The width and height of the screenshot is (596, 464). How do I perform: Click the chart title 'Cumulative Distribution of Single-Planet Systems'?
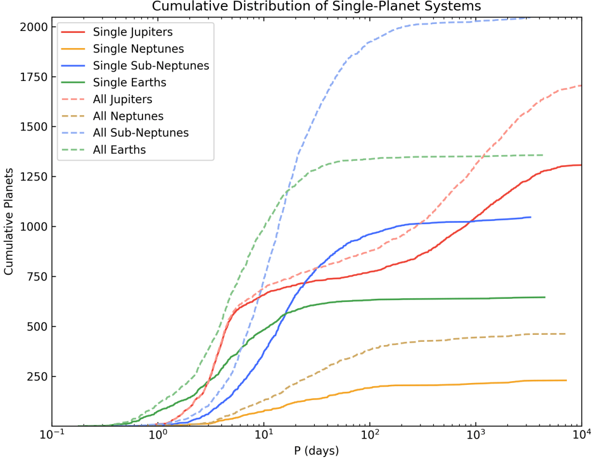pos(317,6)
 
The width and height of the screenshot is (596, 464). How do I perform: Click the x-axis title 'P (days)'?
pos(317,451)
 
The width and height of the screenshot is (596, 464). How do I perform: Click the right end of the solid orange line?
pos(566,380)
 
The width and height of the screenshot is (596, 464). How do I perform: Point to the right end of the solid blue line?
pos(531,217)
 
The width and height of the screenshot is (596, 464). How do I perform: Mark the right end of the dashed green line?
pos(543,155)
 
